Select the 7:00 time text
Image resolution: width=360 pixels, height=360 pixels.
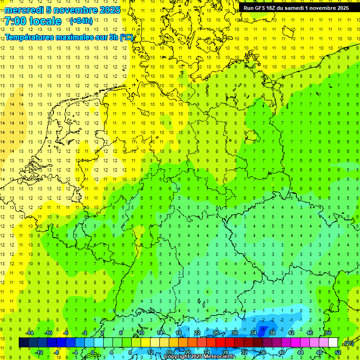coord(15,21)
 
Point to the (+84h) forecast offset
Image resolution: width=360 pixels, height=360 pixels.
coord(81,21)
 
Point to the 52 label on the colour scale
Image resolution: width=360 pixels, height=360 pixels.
coord(338,352)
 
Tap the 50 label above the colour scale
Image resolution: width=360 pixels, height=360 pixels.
coord(328,332)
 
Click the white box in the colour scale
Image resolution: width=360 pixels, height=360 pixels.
coord(333,343)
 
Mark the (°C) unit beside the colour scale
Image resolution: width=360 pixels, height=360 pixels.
coord(348,343)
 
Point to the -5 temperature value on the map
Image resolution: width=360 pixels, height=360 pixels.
coord(264,330)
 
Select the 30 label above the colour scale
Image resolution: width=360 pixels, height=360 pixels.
coord(234,332)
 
